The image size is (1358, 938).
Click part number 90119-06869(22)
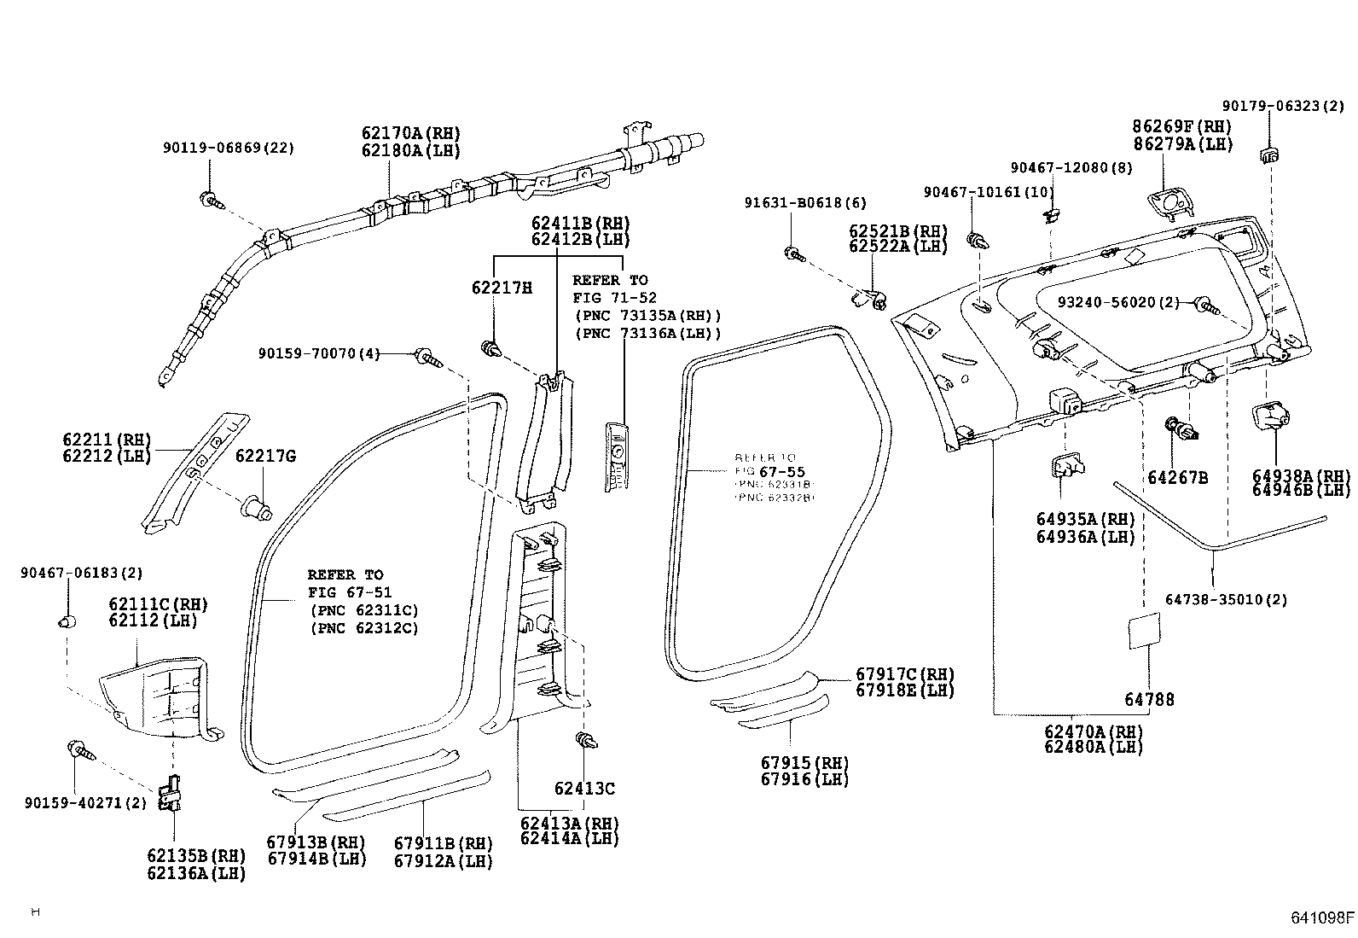pos(228,148)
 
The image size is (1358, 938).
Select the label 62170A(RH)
pos(410,133)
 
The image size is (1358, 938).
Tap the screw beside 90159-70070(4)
pos(426,357)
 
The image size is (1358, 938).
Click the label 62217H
pos(502,288)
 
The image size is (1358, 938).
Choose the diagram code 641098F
pos(1321,918)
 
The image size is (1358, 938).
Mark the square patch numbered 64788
pos(1143,632)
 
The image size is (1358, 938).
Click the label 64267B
pos(1177,478)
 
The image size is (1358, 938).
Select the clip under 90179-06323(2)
pos(1269,155)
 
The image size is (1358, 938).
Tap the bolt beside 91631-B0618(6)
pos(794,253)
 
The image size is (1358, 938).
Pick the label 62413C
pos(584,789)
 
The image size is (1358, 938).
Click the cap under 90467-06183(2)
pos(67,620)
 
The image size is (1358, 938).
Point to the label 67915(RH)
pos(805,762)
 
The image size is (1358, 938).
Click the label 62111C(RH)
pos(158,604)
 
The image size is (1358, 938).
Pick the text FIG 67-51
pos(349,592)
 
